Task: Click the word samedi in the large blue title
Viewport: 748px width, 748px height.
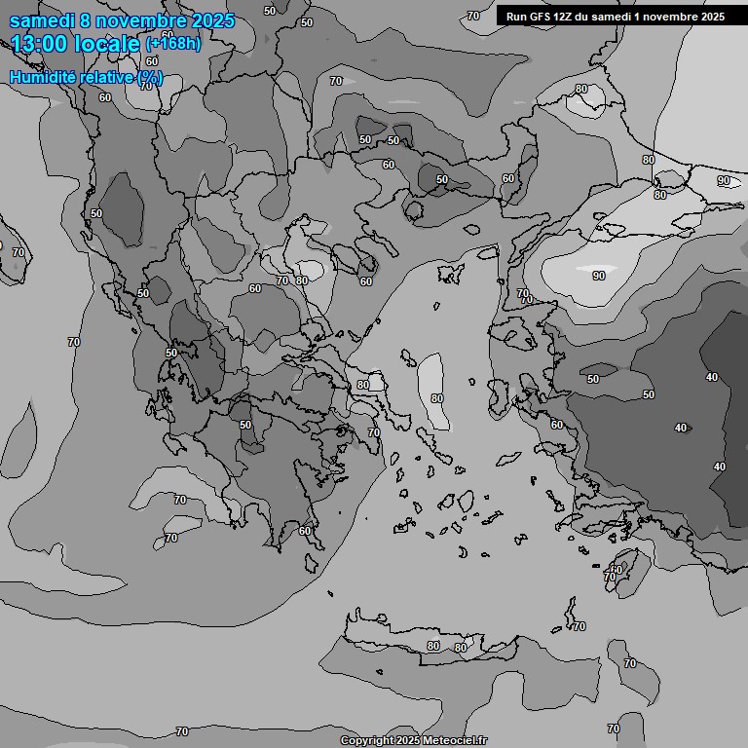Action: point(42,20)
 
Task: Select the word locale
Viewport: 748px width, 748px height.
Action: point(110,44)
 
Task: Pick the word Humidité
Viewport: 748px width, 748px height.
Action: point(41,78)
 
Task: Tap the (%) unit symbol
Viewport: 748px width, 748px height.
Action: point(150,78)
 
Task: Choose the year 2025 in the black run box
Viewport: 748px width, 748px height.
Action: point(707,17)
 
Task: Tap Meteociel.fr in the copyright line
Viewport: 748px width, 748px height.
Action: point(455,741)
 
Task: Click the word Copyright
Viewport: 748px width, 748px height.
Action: point(365,741)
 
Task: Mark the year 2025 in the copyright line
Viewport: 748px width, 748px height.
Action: point(407,741)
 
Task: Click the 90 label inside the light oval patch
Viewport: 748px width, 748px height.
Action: point(598,276)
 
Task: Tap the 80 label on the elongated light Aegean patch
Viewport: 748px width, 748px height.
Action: point(435,397)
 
